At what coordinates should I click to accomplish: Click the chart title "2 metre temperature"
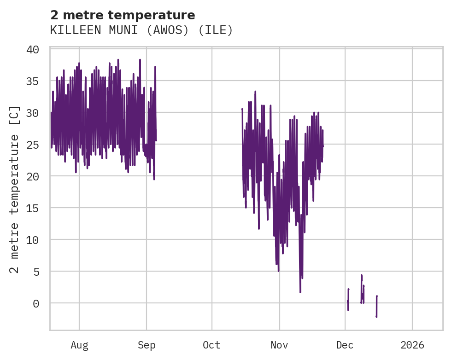(123, 15)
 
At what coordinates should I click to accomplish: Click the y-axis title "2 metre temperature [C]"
(15, 189)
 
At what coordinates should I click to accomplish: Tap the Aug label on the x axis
(79, 345)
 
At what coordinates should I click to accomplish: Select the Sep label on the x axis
(147, 345)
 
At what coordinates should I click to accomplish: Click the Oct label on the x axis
(212, 345)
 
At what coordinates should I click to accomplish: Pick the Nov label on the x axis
(279, 345)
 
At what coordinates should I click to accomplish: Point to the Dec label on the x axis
(345, 345)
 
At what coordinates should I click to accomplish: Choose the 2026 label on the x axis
(412, 345)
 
